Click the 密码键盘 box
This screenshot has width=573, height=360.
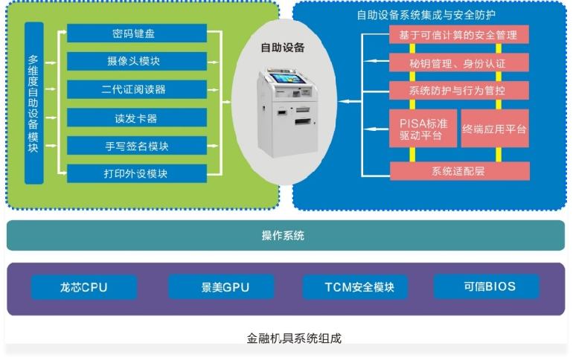(137, 33)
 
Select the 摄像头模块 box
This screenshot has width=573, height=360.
(137, 61)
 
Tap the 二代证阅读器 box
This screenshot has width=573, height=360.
(137, 89)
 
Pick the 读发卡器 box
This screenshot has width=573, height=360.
(137, 118)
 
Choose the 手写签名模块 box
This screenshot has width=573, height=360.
(137, 146)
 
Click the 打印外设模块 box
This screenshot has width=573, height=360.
(137, 173)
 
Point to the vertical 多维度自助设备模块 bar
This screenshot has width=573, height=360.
(34, 103)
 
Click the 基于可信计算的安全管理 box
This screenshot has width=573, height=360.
(459, 35)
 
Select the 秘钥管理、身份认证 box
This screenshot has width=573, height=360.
(459, 62)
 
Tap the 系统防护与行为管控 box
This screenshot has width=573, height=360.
(459, 90)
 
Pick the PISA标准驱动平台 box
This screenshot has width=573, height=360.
(423, 129)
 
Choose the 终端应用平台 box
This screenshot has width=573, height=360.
(495, 129)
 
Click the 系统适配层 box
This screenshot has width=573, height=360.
(460, 171)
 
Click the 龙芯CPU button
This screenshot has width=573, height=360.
(84, 287)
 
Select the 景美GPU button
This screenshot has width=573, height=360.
(221, 287)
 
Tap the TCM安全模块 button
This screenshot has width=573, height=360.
(355, 287)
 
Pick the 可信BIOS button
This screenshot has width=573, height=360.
(487, 286)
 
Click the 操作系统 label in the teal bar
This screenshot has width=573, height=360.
(283, 236)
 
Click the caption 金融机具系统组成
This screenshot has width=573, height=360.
(294, 338)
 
